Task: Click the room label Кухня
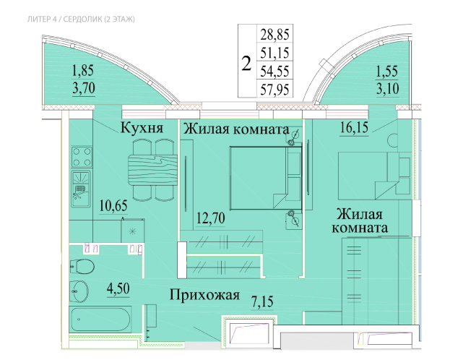(140, 129)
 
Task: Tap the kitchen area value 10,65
(112, 205)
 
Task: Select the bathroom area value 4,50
(118, 290)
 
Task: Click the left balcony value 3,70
(83, 89)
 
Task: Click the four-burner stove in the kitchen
(81, 155)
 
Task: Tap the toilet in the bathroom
(82, 266)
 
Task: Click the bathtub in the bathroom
(100, 319)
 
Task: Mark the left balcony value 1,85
(83, 72)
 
